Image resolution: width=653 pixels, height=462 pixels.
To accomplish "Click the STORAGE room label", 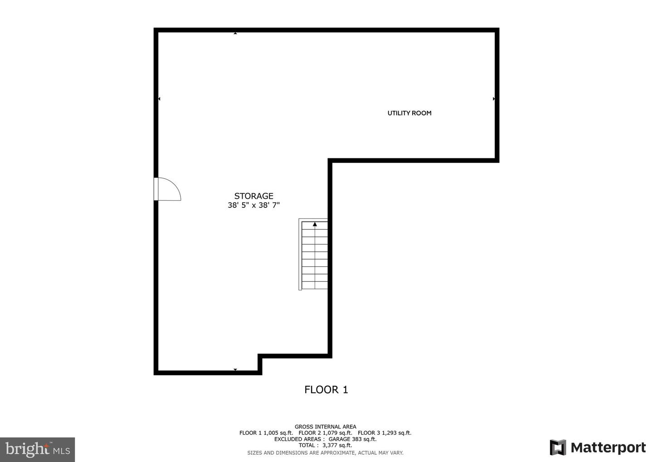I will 253,196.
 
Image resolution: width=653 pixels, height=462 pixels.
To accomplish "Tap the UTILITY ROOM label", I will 409,113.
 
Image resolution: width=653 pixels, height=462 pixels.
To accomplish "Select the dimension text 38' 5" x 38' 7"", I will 253,205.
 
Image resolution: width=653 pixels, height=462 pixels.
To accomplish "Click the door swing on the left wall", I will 168,189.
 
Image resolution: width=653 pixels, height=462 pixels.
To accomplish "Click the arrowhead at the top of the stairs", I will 315,224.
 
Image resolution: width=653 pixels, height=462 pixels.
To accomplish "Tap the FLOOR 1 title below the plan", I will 326,389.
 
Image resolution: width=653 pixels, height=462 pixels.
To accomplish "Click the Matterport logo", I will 598,447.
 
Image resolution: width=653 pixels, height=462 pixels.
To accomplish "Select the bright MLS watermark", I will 38,449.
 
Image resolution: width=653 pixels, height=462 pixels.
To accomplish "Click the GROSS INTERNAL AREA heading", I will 325,427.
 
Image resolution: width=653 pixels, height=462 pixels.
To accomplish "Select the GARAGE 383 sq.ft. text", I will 356,439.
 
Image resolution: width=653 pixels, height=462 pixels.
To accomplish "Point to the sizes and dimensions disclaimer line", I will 325,453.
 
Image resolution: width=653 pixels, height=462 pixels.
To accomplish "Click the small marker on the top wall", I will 235,33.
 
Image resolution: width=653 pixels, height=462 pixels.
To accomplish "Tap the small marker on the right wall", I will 494,98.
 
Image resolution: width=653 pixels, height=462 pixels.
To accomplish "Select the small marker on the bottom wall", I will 235,370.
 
